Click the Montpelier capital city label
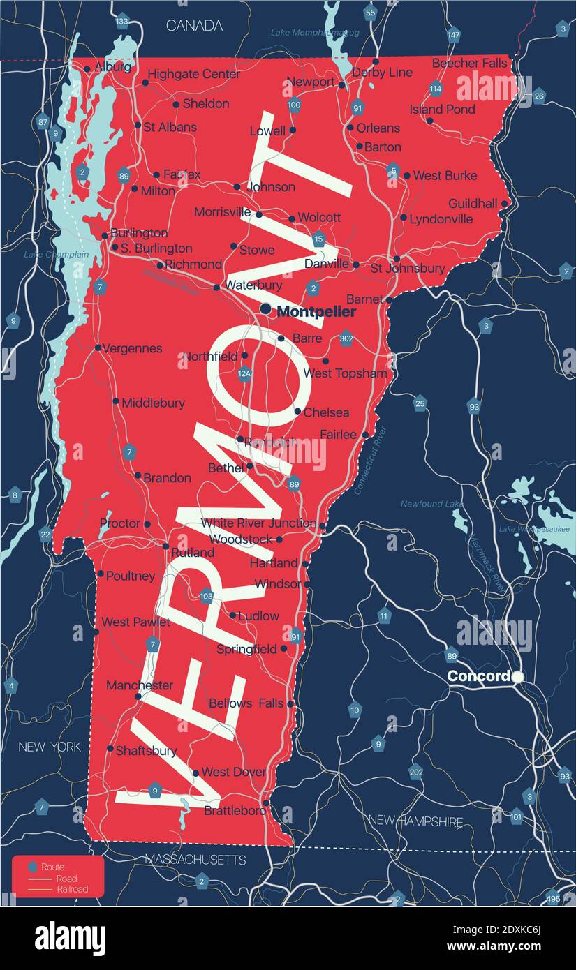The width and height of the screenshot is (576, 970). [316, 312]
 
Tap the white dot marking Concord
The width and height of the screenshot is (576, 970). [517, 676]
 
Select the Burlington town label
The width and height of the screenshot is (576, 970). [139, 233]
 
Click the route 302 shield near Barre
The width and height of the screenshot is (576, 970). [346, 339]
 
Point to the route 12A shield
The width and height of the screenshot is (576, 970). [244, 374]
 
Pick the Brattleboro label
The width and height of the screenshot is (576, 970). [235, 810]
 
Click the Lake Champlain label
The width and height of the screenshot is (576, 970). [57, 255]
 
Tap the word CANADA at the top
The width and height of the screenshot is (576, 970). [194, 26]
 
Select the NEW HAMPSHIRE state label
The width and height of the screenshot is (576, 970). [415, 821]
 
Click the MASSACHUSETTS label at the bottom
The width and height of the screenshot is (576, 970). [195, 860]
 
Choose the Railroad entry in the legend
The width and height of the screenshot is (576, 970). [72, 889]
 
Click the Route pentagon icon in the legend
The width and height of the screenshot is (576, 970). [32, 867]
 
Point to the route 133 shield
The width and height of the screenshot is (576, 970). [122, 22]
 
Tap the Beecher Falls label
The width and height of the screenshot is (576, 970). [469, 63]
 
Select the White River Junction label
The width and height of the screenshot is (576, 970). [258, 523]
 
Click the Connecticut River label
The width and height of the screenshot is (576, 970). [369, 461]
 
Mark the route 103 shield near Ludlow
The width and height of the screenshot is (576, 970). [206, 596]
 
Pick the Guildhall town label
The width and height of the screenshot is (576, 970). [473, 203]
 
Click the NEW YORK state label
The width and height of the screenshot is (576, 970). [50, 747]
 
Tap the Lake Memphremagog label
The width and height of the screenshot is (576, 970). [315, 33]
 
